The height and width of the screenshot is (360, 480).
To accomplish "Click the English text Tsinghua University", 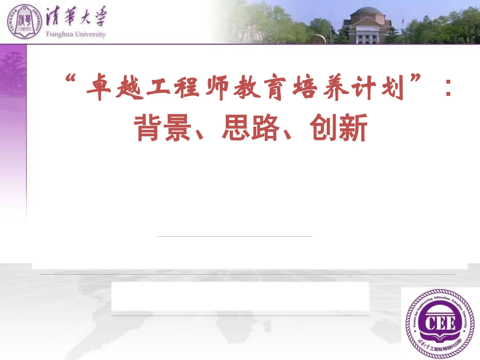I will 75,34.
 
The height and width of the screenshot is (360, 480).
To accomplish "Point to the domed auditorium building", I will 367,25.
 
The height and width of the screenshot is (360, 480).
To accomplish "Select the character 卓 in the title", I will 98,87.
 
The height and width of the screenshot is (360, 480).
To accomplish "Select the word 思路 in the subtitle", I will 250,128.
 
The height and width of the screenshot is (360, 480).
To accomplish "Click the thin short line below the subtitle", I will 234,236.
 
